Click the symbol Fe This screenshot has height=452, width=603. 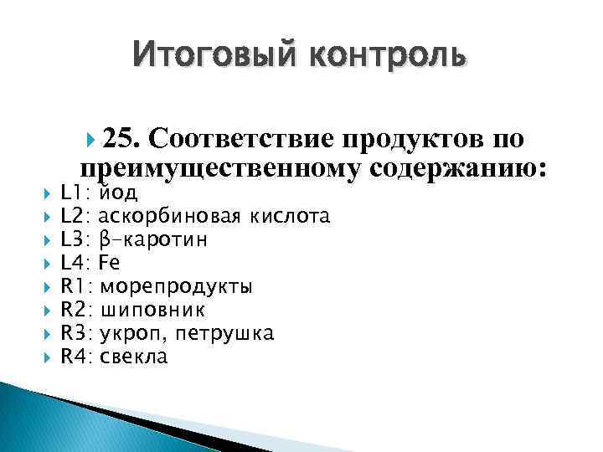pos(110,264)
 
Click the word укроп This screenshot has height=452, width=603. pos(125,334)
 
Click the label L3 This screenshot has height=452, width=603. pos(74,240)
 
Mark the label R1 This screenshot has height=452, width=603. pos(74,287)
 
